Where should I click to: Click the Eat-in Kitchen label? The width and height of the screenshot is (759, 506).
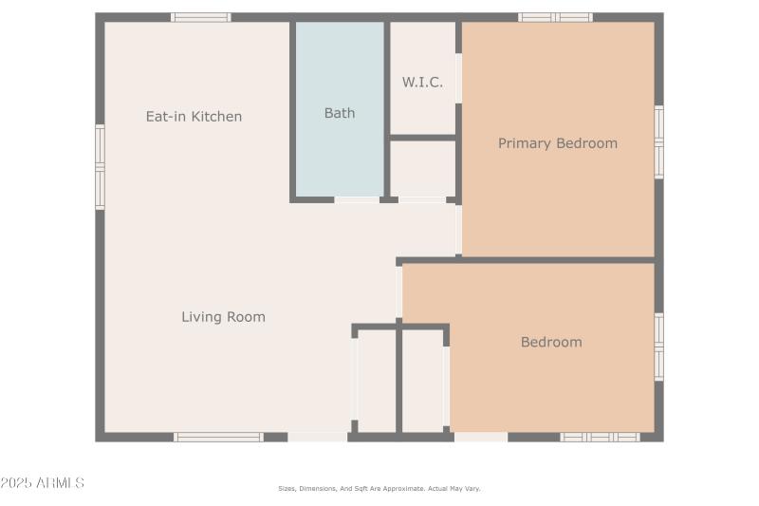tap(194, 117)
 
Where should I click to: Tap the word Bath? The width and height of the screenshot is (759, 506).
tap(340, 113)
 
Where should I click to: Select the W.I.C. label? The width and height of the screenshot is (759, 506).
tap(422, 82)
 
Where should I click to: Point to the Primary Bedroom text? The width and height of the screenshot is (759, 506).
tap(558, 143)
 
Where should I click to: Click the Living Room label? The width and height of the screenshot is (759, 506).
tap(223, 317)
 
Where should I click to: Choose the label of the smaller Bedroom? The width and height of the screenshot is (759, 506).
tap(551, 342)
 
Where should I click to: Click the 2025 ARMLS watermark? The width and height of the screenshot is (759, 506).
tap(43, 483)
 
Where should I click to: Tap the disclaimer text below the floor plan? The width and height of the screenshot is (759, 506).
tap(379, 488)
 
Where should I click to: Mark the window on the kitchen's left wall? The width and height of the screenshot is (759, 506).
tap(100, 167)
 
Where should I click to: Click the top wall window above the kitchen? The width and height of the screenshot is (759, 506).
tap(200, 17)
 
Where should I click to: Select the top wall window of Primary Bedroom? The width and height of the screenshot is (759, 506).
tap(555, 17)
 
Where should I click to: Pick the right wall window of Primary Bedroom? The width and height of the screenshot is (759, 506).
tap(658, 141)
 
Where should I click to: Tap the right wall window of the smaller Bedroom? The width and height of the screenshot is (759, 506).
tap(658, 347)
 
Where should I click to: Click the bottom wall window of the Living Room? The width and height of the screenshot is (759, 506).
tap(218, 437)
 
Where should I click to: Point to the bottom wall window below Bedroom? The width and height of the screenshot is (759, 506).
tap(600, 437)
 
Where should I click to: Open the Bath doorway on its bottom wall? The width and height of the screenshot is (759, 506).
tap(357, 199)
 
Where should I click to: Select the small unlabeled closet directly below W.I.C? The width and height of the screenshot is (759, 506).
tap(423, 168)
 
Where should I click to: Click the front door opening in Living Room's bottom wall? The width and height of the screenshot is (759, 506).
tap(318, 437)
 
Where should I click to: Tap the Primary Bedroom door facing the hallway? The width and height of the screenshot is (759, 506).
tap(458, 230)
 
